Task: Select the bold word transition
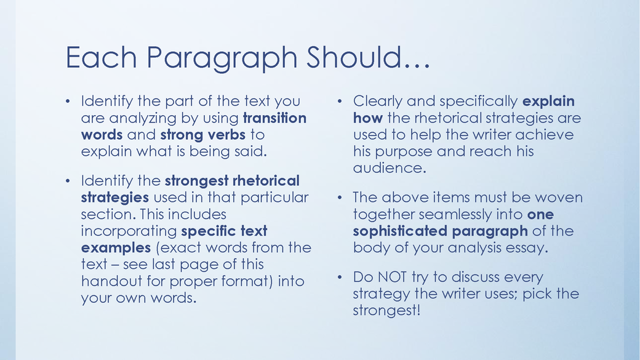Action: pos(274,118)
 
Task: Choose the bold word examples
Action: pos(116,248)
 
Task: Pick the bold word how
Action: pos(367,118)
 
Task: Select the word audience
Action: pos(389,168)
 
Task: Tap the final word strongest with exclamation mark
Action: pos(386,310)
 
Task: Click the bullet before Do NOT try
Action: pos(340,277)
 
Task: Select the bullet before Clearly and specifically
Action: pos(340,101)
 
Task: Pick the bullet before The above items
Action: pos(340,198)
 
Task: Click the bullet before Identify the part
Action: pos(69,101)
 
